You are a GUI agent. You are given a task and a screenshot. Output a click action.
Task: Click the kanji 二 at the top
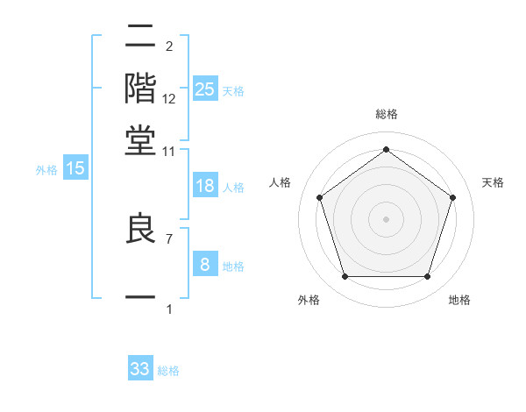(141, 36)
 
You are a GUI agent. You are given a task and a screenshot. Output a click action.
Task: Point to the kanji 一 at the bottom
(141, 298)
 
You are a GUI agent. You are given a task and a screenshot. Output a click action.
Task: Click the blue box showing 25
(205, 89)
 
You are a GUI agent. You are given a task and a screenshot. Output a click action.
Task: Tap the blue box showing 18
(205, 186)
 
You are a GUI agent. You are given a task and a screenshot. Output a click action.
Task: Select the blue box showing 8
(205, 265)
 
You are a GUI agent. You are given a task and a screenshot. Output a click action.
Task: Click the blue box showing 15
(75, 169)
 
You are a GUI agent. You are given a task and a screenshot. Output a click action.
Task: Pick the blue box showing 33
(140, 369)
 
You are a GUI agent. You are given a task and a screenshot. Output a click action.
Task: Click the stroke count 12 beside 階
(169, 99)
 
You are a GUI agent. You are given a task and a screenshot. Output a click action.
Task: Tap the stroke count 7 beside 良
(168, 238)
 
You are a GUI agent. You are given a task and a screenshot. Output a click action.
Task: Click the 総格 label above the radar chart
(387, 114)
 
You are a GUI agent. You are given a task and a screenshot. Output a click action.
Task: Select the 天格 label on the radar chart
(493, 182)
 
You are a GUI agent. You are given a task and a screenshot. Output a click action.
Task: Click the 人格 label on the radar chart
(281, 182)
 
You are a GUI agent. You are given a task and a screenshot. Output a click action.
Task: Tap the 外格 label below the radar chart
(309, 301)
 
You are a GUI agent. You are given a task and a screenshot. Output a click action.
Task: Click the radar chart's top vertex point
(386, 150)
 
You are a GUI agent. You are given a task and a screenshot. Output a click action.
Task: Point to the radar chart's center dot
(386, 218)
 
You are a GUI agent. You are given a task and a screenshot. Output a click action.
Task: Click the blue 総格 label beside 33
(168, 371)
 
